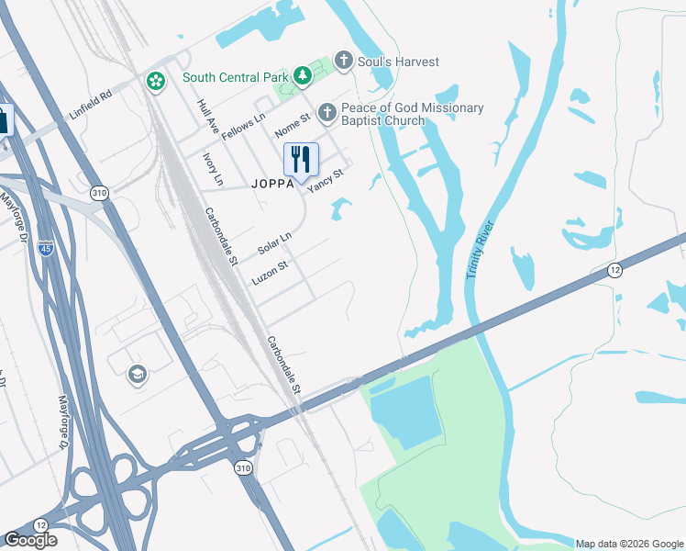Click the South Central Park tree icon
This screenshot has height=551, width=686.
[300, 76]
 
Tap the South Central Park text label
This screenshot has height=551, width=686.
[235, 77]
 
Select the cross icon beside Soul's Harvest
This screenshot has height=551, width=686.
[344, 62]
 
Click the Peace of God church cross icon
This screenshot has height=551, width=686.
[326, 114]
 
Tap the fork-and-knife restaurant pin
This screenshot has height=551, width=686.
[301, 160]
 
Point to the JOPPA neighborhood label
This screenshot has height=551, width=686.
[273, 183]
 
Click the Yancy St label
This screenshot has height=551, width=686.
[326, 179]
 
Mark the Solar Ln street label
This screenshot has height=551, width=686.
[274, 243]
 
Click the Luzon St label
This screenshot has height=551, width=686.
[271, 272]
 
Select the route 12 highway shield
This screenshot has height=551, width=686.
[614, 270]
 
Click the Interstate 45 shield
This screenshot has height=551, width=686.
[45, 247]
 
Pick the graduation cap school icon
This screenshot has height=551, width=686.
[137, 375]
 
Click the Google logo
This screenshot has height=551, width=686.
[31, 540]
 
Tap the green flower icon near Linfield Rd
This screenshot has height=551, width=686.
[155, 82]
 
